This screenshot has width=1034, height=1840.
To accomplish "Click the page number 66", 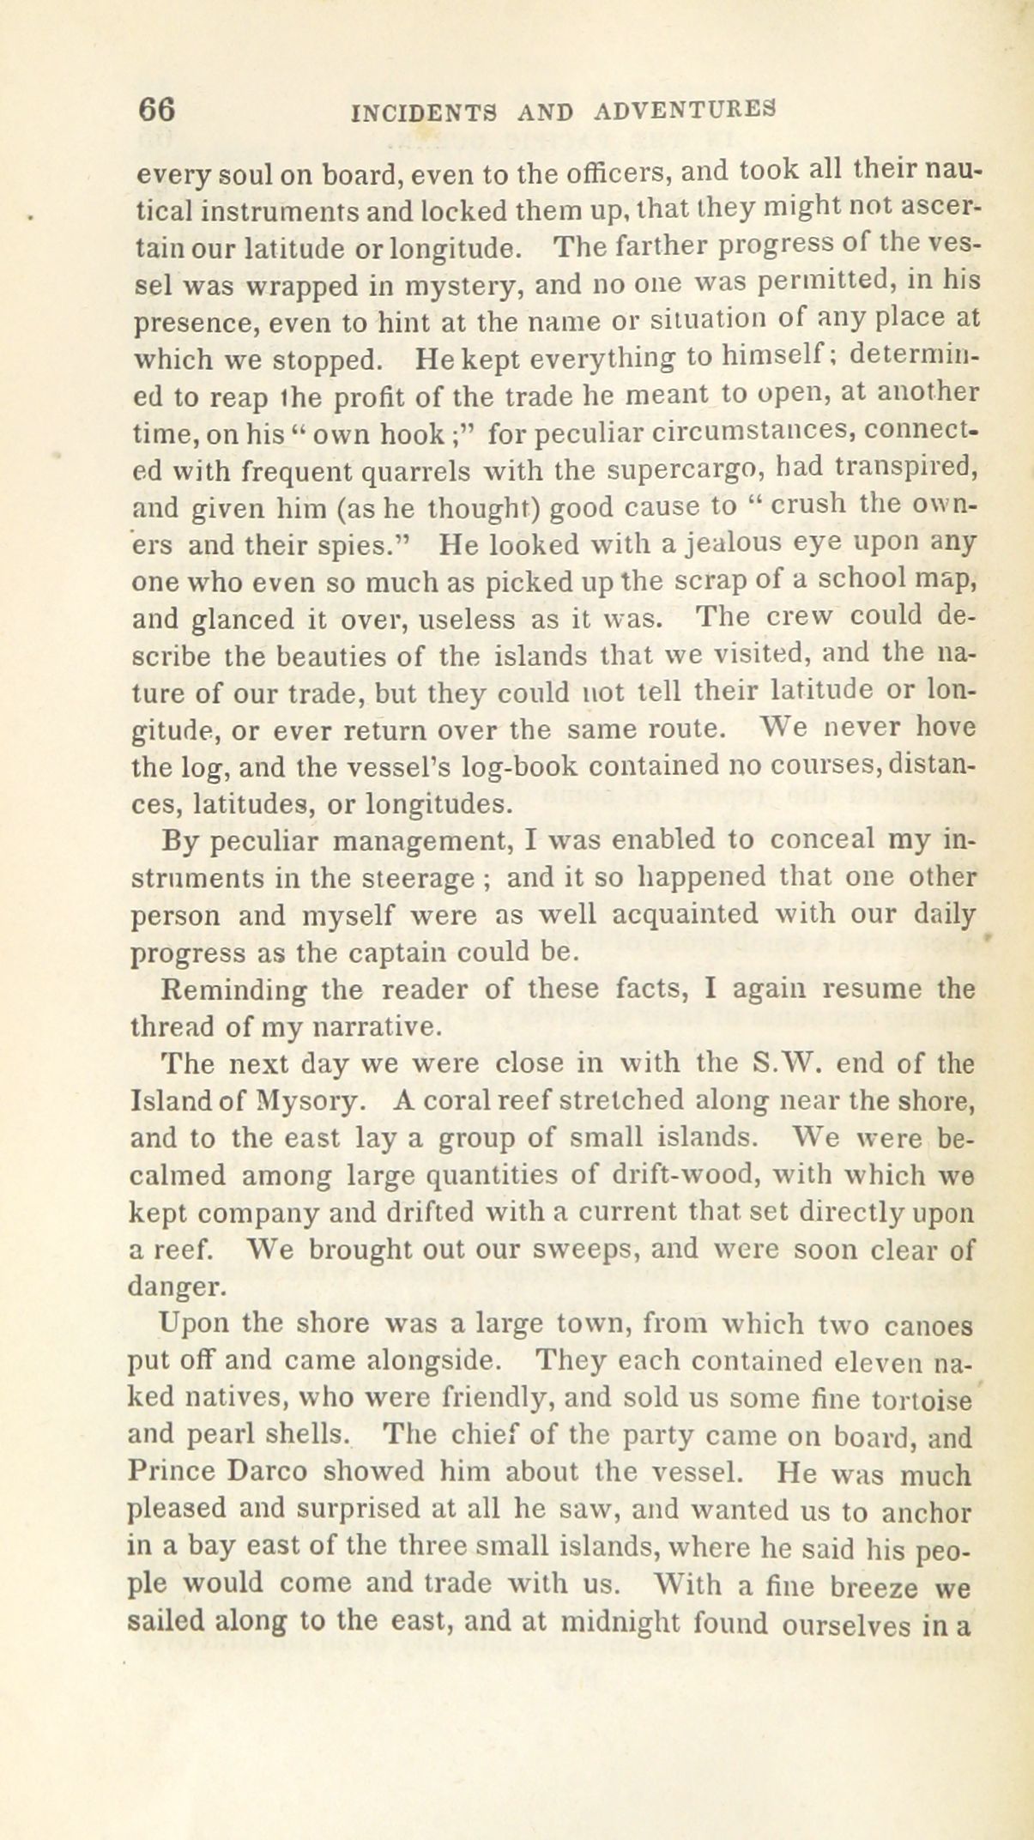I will [158, 110].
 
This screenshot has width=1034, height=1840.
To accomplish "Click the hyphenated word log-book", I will [516, 766].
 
